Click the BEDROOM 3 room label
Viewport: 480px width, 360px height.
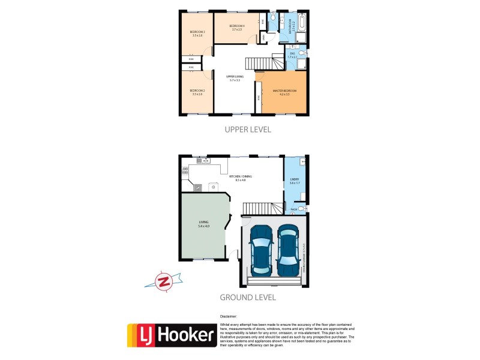click(197, 34)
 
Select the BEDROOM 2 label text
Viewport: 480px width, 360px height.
click(197, 92)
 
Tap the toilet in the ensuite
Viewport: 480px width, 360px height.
click(304, 56)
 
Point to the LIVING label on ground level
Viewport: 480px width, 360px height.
click(203, 224)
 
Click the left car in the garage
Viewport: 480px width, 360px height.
click(261, 248)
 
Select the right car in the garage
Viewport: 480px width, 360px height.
click(287, 248)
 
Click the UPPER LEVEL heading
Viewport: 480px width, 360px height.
click(248, 129)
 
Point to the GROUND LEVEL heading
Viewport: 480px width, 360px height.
click(247, 297)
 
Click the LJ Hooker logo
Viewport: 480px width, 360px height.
click(171, 335)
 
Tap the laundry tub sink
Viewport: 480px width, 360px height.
click(304, 161)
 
